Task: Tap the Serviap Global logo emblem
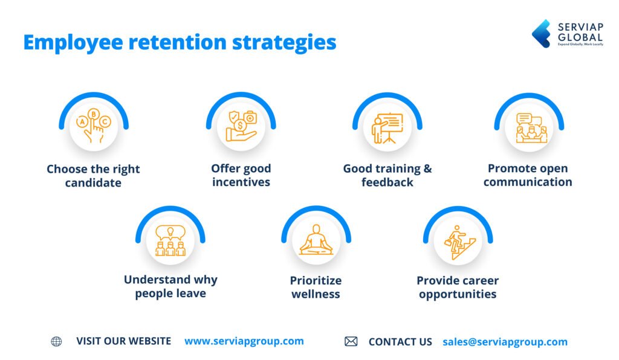(x=540, y=33)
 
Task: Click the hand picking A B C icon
(x=93, y=126)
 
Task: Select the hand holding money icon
(x=241, y=126)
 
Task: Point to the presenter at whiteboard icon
(x=387, y=127)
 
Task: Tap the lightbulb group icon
(x=170, y=240)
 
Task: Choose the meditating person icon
(x=316, y=240)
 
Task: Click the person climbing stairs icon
(x=458, y=240)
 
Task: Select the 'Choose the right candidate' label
(x=93, y=176)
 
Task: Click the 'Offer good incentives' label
(x=241, y=175)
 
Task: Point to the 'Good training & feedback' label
(x=387, y=175)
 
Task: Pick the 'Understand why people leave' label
(x=170, y=286)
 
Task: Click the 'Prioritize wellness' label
(x=316, y=287)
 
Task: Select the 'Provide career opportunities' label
(x=458, y=287)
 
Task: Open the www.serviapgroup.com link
(x=244, y=341)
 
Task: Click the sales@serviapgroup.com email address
(x=505, y=342)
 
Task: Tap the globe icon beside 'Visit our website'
(x=56, y=341)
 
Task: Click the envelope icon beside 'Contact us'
(x=351, y=342)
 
